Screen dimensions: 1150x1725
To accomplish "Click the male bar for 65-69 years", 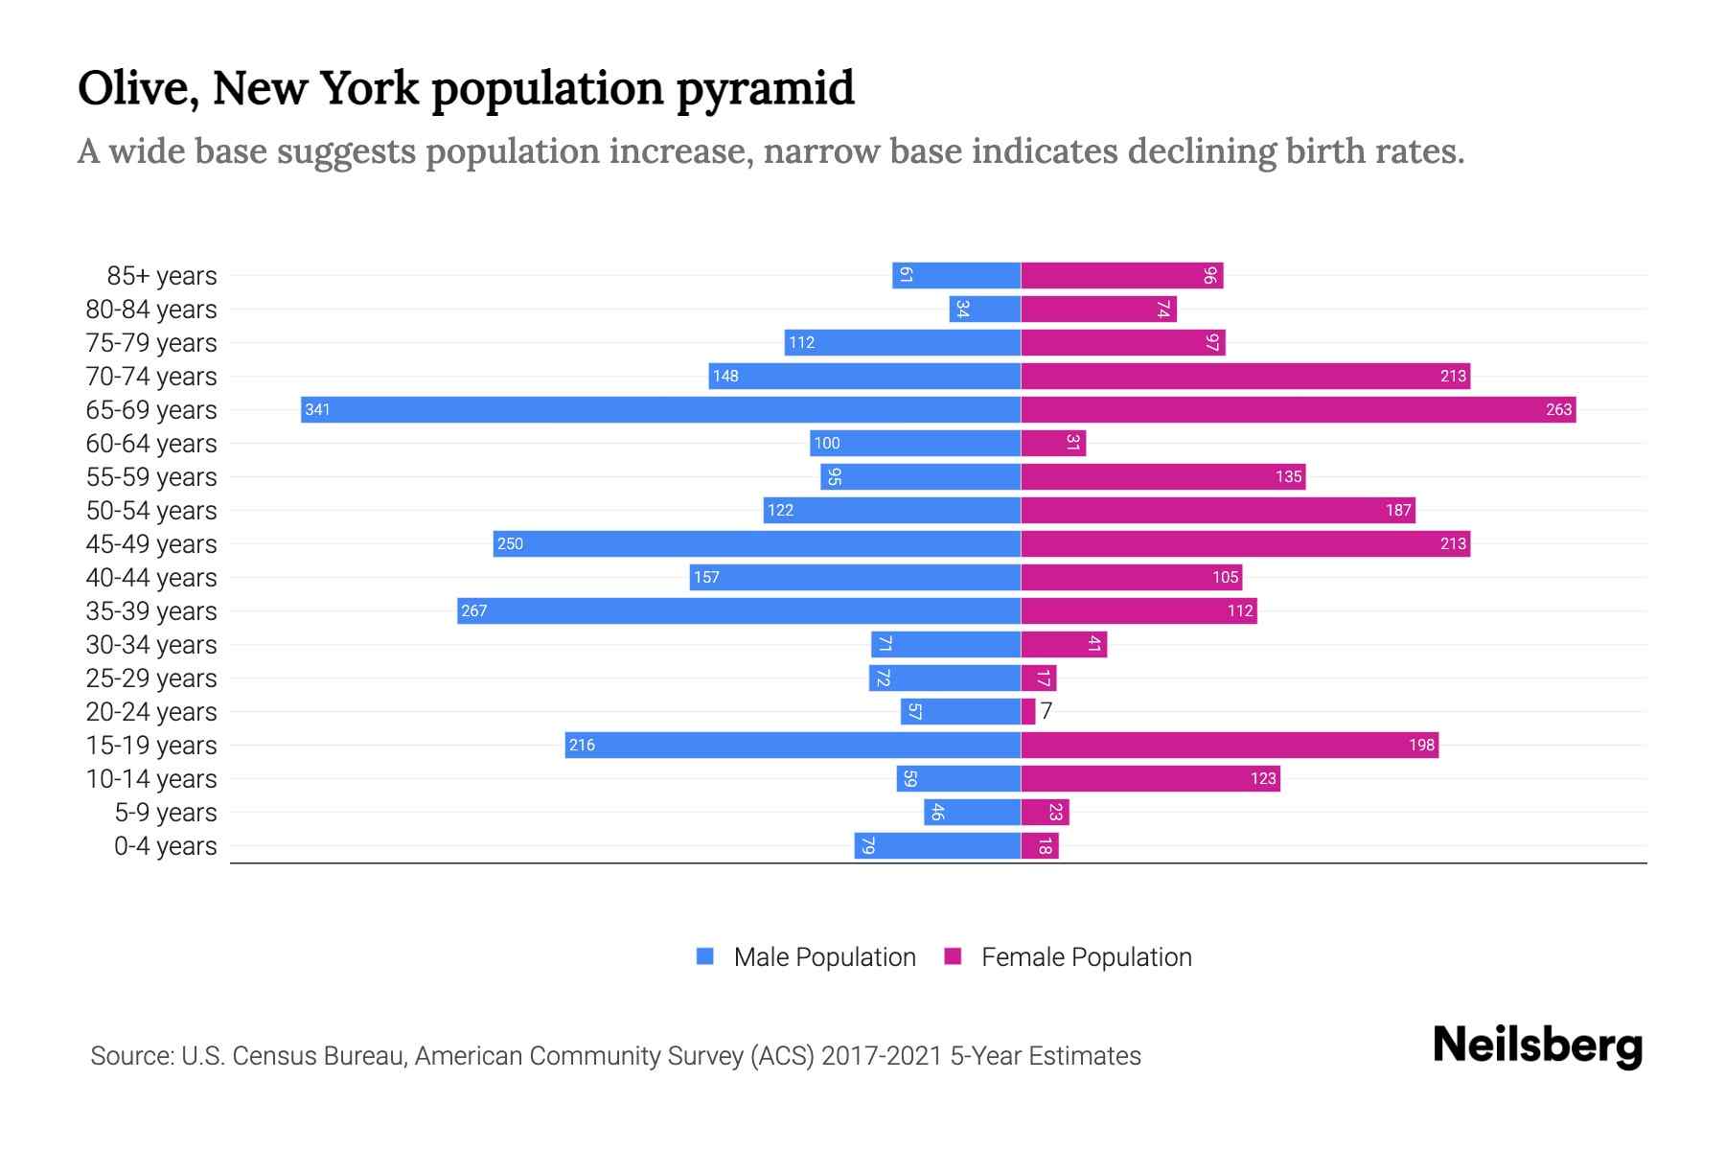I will (661, 409).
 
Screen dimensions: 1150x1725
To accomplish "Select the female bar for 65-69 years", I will (1299, 409).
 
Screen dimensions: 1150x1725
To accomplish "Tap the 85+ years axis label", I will (162, 276).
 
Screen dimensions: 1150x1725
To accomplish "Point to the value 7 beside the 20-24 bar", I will (1046, 711).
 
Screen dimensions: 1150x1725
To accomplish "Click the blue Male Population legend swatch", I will (705, 956).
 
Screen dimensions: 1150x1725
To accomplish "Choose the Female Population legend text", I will (1086, 957).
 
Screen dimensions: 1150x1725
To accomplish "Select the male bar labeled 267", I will (738, 610).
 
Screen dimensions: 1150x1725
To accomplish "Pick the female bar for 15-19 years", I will (1230, 745).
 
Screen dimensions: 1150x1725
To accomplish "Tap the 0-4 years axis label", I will (165, 846).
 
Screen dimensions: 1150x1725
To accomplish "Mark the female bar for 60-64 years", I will (1053, 443).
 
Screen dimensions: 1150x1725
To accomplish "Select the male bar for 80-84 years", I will (985, 310).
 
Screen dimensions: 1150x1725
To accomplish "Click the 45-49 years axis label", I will (151, 544).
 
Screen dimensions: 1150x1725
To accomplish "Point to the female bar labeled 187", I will (1218, 510).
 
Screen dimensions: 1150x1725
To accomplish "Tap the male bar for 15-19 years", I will (793, 745).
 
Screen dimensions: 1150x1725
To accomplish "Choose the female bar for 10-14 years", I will (1150, 778).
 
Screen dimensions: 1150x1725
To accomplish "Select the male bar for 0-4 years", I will (937, 845).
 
